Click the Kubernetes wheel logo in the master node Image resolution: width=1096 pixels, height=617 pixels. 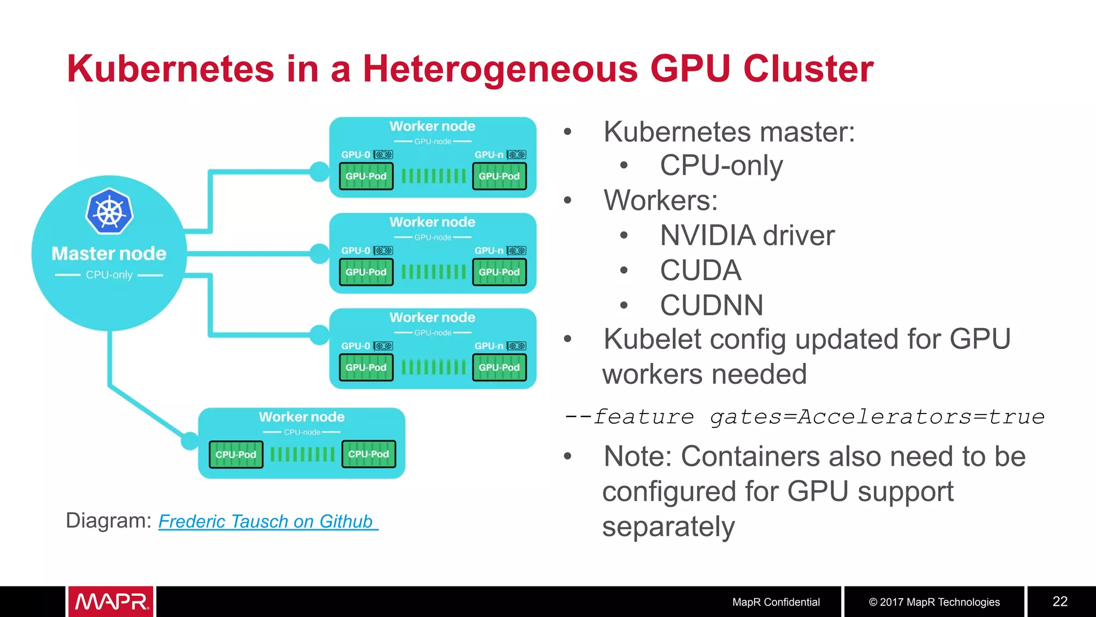(x=109, y=211)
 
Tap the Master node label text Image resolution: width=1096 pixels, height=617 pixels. (x=109, y=253)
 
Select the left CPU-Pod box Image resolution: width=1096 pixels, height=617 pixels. (x=236, y=454)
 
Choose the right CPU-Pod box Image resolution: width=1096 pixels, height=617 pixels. (x=369, y=454)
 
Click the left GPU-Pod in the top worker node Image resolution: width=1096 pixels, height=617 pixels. (x=366, y=176)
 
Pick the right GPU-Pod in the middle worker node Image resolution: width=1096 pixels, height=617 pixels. (x=499, y=272)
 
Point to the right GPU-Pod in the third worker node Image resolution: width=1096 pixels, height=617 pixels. (x=499, y=367)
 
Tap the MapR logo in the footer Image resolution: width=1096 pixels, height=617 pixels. (x=111, y=601)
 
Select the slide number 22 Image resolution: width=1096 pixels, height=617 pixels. (x=1060, y=601)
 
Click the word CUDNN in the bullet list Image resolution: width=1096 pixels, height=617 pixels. (x=711, y=305)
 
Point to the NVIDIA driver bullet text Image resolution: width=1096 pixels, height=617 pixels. (x=747, y=236)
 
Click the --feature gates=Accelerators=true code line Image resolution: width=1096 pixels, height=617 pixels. (x=804, y=416)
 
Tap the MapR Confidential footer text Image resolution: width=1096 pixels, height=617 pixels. (x=775, y=602)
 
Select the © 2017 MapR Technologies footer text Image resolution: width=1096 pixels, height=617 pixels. (x=934, y=602)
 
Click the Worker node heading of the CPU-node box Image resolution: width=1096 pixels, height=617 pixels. (x=302, y=417)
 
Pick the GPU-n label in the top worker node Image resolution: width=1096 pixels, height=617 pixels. (x=489, y=155)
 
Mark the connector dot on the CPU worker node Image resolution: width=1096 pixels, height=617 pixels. (x=189, y=441)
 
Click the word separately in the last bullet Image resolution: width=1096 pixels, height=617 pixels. (x=668, y=526)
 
